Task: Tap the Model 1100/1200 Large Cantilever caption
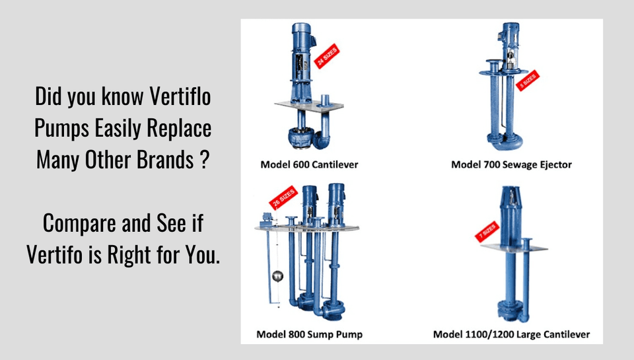(511, 334)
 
